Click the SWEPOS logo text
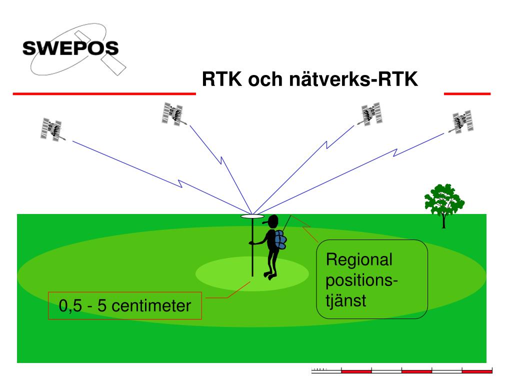[70, 48]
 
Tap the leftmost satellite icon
[51, 129]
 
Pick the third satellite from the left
[371, 113]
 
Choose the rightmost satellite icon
[462, 121]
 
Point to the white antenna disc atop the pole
[252, 216]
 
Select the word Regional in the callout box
[359, 260]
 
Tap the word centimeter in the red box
[151, 305]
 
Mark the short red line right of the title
[467, 93]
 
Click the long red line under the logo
[103, 93]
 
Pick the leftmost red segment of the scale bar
[356, 371]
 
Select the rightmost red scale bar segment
[477, 371]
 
